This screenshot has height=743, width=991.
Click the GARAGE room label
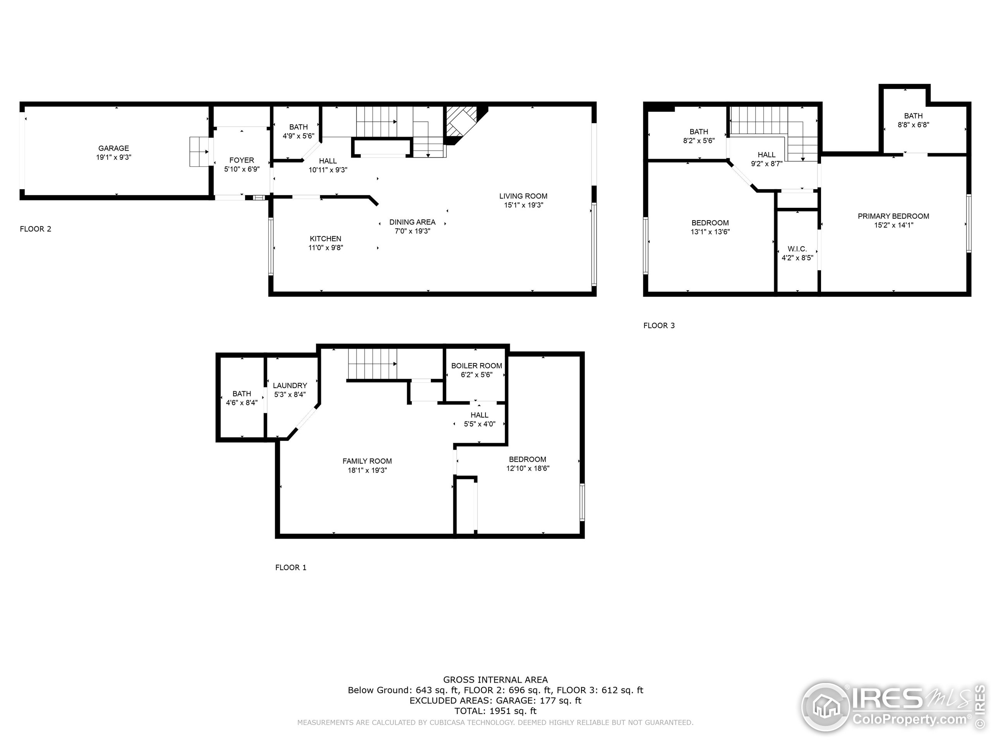tap(113, 148)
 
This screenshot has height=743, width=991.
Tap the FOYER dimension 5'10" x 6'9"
tap(242, 169)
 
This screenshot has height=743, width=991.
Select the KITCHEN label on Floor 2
tap(325, 239)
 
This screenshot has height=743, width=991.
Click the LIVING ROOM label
tap(523, 196)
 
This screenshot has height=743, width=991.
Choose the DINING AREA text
tap(412, 222)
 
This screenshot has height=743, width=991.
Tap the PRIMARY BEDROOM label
tap(893, 216)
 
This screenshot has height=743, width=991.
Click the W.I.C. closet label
tap(797, 249)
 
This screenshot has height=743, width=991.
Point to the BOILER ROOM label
tap(476, 366)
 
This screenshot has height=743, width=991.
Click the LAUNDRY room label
tap(290, 385)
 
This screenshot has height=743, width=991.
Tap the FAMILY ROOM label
tap(367, 461)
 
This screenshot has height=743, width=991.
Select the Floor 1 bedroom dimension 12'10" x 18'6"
tap(528, 469)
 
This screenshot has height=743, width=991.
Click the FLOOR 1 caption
tap(291, 567)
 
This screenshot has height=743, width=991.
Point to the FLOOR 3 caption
tap(658, 325)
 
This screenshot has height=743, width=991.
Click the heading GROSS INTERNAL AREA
tap(495, 680)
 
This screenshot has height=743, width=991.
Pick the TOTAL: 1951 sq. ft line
tap(495, 711)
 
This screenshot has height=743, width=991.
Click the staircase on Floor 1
tap(373, 364)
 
